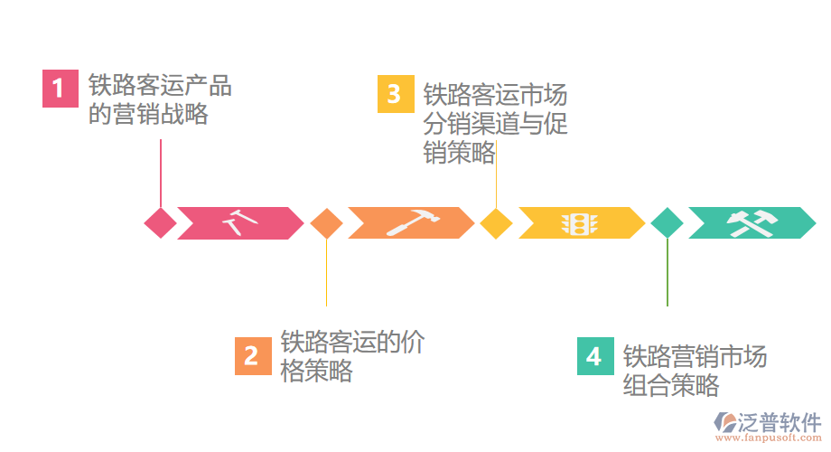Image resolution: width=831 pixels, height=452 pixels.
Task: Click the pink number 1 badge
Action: pyautogui.click(x=60, y=89)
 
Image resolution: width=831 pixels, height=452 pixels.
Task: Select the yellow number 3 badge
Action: pyautogui.click(x=395, y=95)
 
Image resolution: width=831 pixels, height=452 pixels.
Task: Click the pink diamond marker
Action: pyautogui.click(x=161, y=223)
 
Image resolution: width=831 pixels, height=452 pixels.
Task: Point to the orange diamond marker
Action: pyautogui.click(x=326, y=223)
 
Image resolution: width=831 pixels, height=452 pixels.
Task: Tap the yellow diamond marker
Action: pyautogui.click(x=496, y=223)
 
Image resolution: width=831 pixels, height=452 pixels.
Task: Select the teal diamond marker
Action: pyautogui.click(x=668, y=223)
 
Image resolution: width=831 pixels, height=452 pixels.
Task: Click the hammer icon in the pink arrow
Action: pyautogui.click(x=239, y=222)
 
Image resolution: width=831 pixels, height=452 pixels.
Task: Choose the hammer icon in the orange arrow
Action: pyautogui.click(x=412, y=222)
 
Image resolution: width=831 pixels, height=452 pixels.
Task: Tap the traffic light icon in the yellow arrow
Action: pyautogui.click(x=579, y=223)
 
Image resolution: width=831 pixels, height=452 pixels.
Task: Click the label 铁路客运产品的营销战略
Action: pyautogui.click(x=160, y=100)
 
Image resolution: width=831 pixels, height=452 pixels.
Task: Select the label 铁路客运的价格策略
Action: pyautogui.click(x=351, y=356)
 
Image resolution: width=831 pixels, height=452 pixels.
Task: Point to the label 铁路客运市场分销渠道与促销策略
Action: pyautogui.click(x=495, y=124)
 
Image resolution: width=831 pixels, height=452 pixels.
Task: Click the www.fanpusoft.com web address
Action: pyautogui.click(x=770, y=438)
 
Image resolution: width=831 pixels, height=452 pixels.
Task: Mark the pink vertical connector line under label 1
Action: pyautogui.click(x=161, y=172)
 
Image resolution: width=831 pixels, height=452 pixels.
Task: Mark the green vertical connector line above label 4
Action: pyautogui.click(x=668, y=271)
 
